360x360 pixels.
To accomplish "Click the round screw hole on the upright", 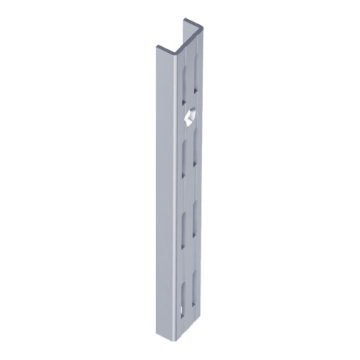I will point(189,116).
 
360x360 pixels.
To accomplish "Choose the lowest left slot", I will point(182,290).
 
